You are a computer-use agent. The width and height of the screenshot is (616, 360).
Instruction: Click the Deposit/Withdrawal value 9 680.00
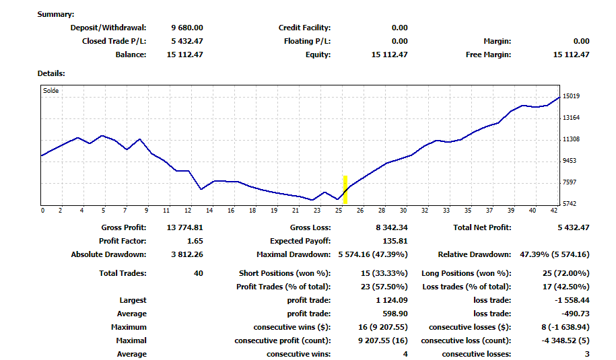187,28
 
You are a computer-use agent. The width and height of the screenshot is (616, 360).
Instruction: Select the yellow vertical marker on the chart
345,190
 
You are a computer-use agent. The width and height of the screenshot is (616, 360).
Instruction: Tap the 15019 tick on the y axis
571,96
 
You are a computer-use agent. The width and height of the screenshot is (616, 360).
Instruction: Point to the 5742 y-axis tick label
570,204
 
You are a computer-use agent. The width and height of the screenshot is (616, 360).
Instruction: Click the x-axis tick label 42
553,211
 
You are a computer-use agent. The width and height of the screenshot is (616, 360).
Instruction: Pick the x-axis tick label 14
209,211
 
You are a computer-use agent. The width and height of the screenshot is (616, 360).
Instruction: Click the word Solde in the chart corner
50,90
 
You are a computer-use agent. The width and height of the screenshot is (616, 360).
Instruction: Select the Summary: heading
56,14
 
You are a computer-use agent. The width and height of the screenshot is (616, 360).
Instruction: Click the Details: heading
51,73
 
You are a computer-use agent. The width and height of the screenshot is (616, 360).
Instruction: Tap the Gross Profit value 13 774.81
185,228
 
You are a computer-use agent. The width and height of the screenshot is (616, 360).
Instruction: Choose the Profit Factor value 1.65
194,241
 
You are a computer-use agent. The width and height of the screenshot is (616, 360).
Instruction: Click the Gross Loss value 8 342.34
392,228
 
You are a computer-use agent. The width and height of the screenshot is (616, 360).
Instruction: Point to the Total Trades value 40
198,274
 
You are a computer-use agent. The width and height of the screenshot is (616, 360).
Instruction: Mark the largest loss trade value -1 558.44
571,301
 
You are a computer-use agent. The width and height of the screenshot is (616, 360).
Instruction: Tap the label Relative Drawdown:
475,255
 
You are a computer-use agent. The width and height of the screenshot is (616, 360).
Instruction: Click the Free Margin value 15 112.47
571,55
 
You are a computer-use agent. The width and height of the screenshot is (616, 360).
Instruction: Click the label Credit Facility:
304,28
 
